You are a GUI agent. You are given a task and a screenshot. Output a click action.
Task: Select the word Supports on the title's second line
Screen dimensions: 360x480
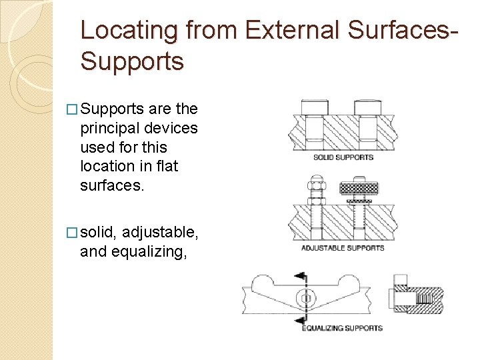[x=131, y=61]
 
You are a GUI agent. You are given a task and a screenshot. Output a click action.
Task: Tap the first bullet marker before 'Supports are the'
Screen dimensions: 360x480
[x=72, y=109]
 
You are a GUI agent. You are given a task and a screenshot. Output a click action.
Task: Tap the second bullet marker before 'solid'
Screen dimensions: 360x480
[x=72, y=232]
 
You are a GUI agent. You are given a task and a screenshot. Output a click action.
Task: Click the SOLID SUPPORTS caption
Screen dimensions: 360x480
[x=343, y=157]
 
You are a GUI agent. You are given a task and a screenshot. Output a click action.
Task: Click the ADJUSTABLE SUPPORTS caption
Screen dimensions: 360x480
[x=343, y=248]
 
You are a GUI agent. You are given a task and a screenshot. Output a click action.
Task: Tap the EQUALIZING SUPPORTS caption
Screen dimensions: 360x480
[x=343, y=328]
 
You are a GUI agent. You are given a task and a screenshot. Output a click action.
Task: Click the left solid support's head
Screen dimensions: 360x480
[x=314, y=107]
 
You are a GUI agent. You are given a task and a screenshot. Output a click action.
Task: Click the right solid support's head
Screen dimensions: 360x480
[x=367, y=107]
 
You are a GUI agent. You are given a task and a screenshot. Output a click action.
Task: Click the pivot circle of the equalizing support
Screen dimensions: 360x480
[x=305, y=297]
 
